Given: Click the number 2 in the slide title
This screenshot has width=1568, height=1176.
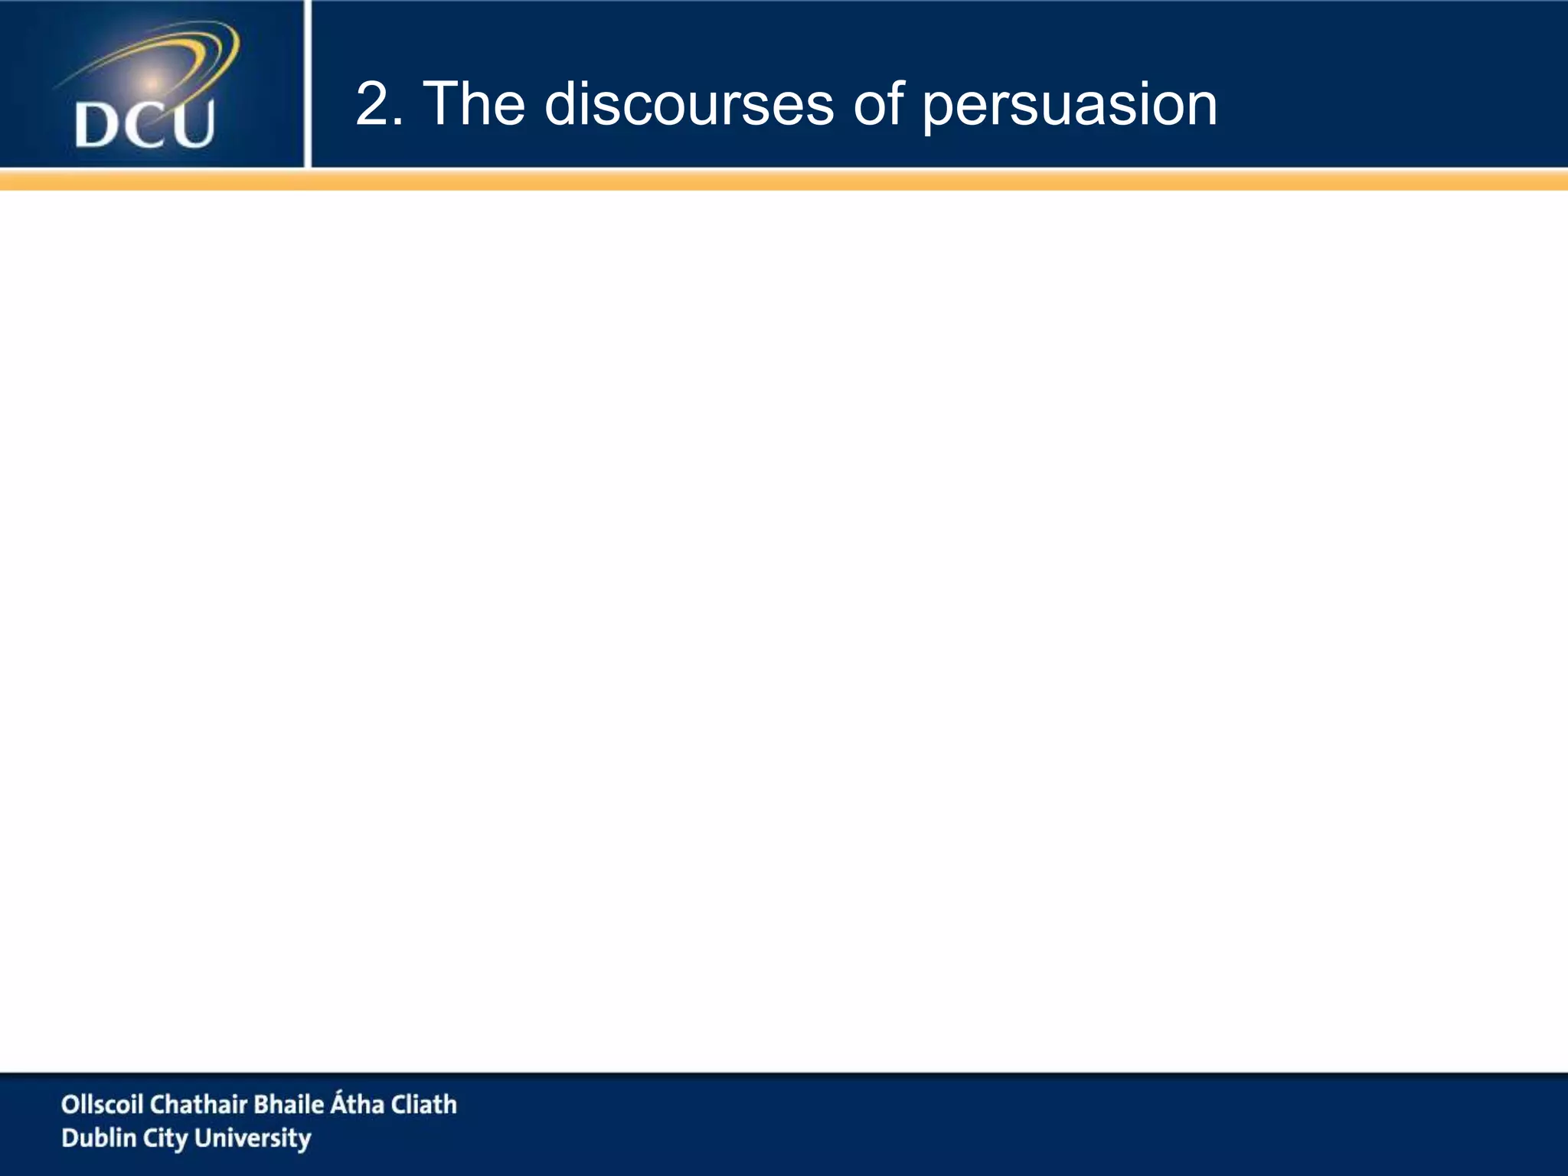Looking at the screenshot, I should coord(374,105).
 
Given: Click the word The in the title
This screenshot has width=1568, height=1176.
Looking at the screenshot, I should coord(474,105).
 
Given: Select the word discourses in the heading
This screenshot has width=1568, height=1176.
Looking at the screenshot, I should coord(688,105).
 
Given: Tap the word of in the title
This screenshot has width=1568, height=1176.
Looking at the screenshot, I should coord(878,105).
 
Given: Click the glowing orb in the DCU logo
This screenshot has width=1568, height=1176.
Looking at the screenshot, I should coord(152,82).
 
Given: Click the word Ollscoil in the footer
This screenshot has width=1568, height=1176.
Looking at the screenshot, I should coord(103,1104).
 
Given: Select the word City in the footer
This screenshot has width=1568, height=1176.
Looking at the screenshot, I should coord(165,1139).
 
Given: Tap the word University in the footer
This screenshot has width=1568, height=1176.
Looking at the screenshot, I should coord(253,1139).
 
